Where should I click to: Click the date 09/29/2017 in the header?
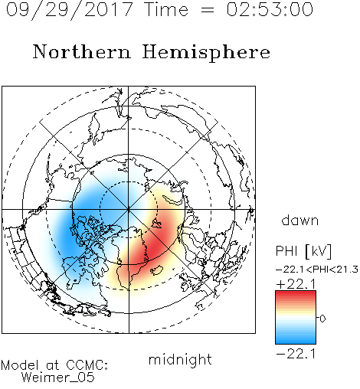69,9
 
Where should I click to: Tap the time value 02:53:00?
270,9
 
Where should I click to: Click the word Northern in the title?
82,52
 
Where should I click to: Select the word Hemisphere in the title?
206,53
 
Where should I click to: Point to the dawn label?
300,221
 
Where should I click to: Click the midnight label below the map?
180,359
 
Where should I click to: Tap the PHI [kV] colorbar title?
303,251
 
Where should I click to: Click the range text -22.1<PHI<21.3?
317,270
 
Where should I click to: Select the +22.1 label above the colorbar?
296,284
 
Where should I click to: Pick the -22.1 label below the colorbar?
296,354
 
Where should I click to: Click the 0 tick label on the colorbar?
322,319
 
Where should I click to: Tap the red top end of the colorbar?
296,293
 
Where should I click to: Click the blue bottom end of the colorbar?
296,342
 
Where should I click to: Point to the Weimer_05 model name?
58,377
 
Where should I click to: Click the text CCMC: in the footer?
87,365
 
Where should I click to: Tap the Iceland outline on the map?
156,270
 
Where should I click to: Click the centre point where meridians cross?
129,209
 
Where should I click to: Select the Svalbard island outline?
156,224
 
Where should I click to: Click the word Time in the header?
166,9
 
